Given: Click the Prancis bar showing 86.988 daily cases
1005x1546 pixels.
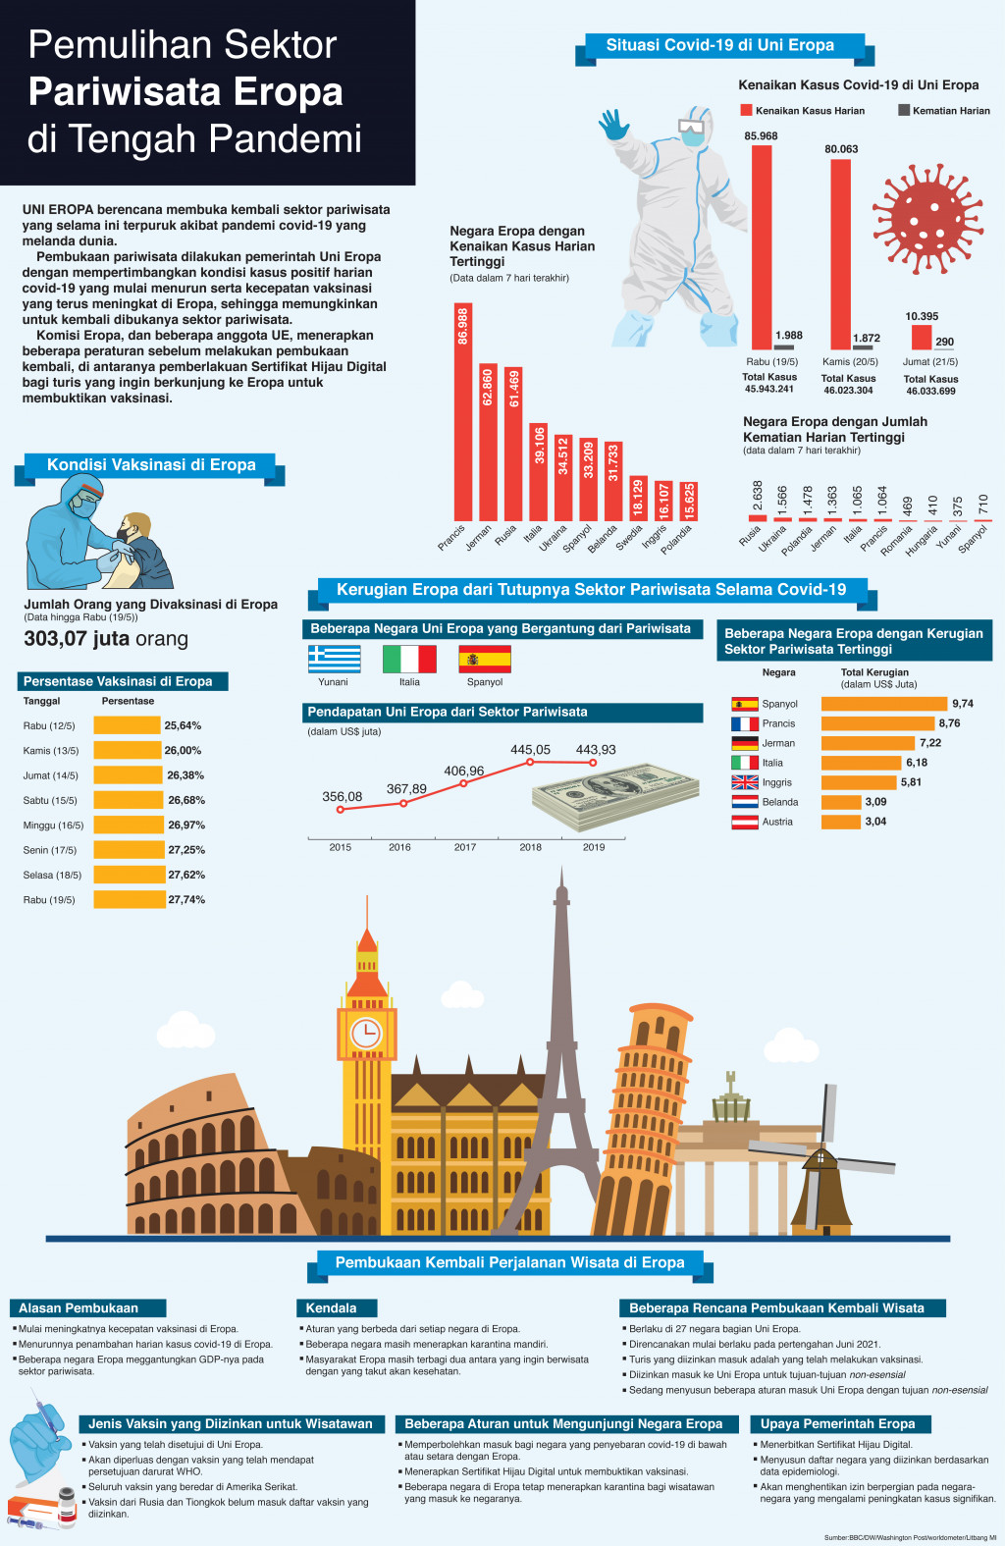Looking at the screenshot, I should [x=462, y=412].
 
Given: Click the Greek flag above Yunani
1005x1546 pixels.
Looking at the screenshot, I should [x=334, y=659].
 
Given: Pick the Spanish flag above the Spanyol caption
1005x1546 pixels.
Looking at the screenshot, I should [x=485, y=659].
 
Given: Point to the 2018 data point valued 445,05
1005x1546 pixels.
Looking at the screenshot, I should [x=530, y=762].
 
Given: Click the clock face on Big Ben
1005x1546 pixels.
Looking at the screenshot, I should [x=366, y=1033].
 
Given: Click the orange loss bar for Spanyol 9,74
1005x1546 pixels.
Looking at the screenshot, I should [x=883, y=704].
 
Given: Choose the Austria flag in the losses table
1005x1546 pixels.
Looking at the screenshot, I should [x=745, y=822].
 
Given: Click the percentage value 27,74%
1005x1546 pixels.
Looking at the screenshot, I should [x=186, y=899].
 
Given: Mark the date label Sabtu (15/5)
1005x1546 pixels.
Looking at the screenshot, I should [x=50, y=800].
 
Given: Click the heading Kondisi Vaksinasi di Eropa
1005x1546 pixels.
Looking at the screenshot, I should [x=151, y=465].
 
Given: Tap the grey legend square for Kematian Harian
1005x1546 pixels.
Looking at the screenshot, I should [x=904, y=110].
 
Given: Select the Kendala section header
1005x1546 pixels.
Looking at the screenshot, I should [x=332, y=1307].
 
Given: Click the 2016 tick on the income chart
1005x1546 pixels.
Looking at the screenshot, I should [x=399, y=846].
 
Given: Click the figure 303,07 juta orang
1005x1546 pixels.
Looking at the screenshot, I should [x=106, y=639].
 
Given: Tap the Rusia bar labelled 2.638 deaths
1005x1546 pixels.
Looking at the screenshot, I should [x=757, y=517].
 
